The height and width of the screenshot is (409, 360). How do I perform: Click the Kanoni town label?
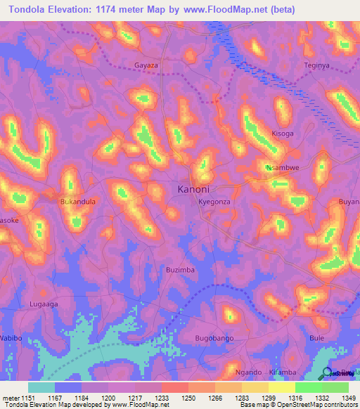193,189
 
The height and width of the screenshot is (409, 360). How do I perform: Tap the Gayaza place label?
148,65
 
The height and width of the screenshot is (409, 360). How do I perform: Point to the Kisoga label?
283,134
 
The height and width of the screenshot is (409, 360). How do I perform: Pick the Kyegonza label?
214,201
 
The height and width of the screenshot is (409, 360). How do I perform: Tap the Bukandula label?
78,201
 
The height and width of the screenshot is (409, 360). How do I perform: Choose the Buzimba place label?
179,270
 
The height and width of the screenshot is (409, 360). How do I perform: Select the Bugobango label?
214,339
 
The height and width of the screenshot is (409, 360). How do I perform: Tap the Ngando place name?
248,372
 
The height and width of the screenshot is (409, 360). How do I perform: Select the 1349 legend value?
348,398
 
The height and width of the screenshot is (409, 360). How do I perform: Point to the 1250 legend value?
188,398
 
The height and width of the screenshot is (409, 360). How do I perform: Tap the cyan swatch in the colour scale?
41,387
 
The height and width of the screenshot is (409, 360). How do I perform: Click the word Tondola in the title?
33,9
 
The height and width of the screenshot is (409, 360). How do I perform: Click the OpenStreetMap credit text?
310,405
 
